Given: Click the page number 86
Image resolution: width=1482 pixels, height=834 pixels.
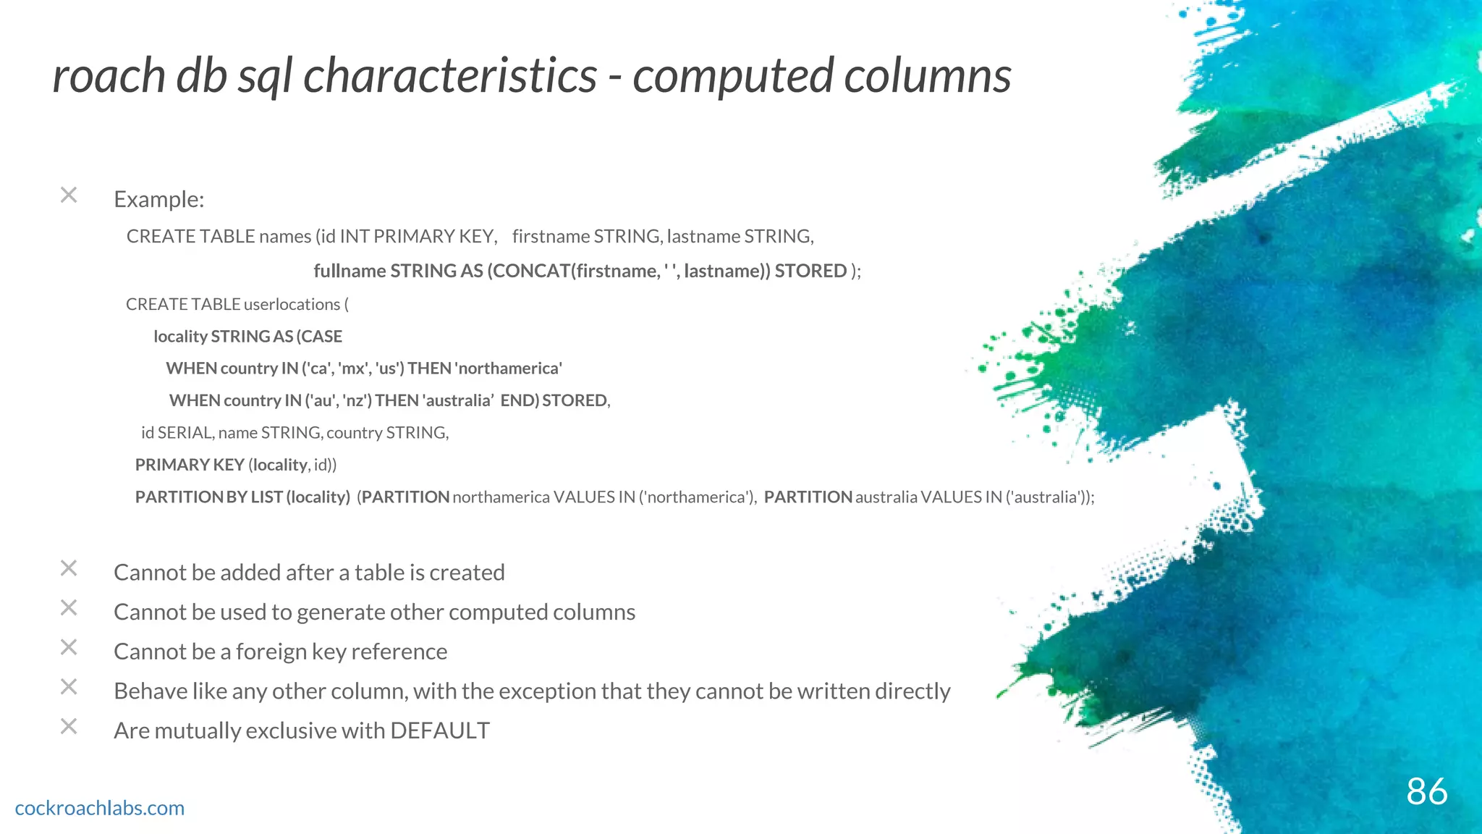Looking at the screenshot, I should coord(1426,791).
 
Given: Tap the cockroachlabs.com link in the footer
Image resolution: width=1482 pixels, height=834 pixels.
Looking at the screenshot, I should coord(100,808).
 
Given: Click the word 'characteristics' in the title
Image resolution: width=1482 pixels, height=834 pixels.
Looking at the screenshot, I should coord(450,76).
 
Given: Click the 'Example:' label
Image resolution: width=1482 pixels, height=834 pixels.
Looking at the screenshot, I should coord(159,199).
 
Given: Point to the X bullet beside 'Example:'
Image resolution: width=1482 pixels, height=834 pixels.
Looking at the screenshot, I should coord(69,195).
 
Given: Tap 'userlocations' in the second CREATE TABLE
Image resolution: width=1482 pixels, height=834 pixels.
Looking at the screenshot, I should coord(292,304).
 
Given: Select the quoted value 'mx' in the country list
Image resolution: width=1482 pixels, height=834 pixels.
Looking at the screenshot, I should coord(353,368).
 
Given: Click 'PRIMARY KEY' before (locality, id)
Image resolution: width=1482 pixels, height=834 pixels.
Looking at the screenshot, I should coord(190,465).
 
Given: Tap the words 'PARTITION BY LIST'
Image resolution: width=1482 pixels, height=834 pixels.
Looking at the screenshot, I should coord(208,497).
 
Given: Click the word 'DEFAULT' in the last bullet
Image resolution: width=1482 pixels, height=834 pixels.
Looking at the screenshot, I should coord(440,730).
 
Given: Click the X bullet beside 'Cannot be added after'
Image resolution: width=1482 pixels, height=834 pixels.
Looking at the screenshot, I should coord(69,568).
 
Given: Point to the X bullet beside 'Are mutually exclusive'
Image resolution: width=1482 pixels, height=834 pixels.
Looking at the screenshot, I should coord(69,726).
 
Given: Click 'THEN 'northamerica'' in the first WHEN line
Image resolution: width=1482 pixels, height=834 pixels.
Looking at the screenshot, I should coord(485,368).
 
